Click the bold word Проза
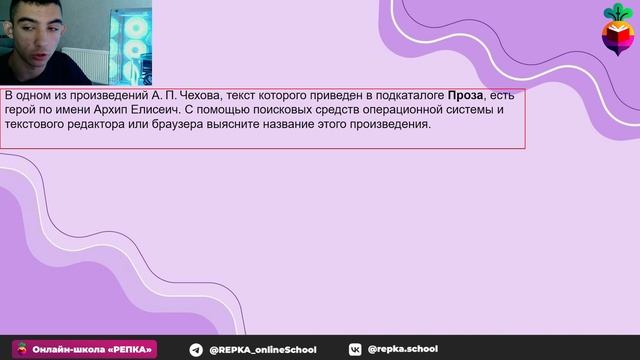tap(465, 96)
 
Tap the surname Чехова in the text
tap(201, 96)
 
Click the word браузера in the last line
tap(177, 124)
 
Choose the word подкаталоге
tap(410, 96)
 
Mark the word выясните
tap(233, 124)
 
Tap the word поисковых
tap(282, 110)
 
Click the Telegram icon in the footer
tap(196, 350)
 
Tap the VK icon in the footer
tap(355, 349)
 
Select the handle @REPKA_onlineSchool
tap(262, 350)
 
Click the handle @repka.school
tap(402, 349)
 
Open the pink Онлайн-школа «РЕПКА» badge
tap(84, 349)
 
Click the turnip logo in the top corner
tap(618, 29)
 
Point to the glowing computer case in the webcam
tap(131, 46)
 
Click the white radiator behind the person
tap(85, 64)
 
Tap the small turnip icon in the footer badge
tap(22, 349)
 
